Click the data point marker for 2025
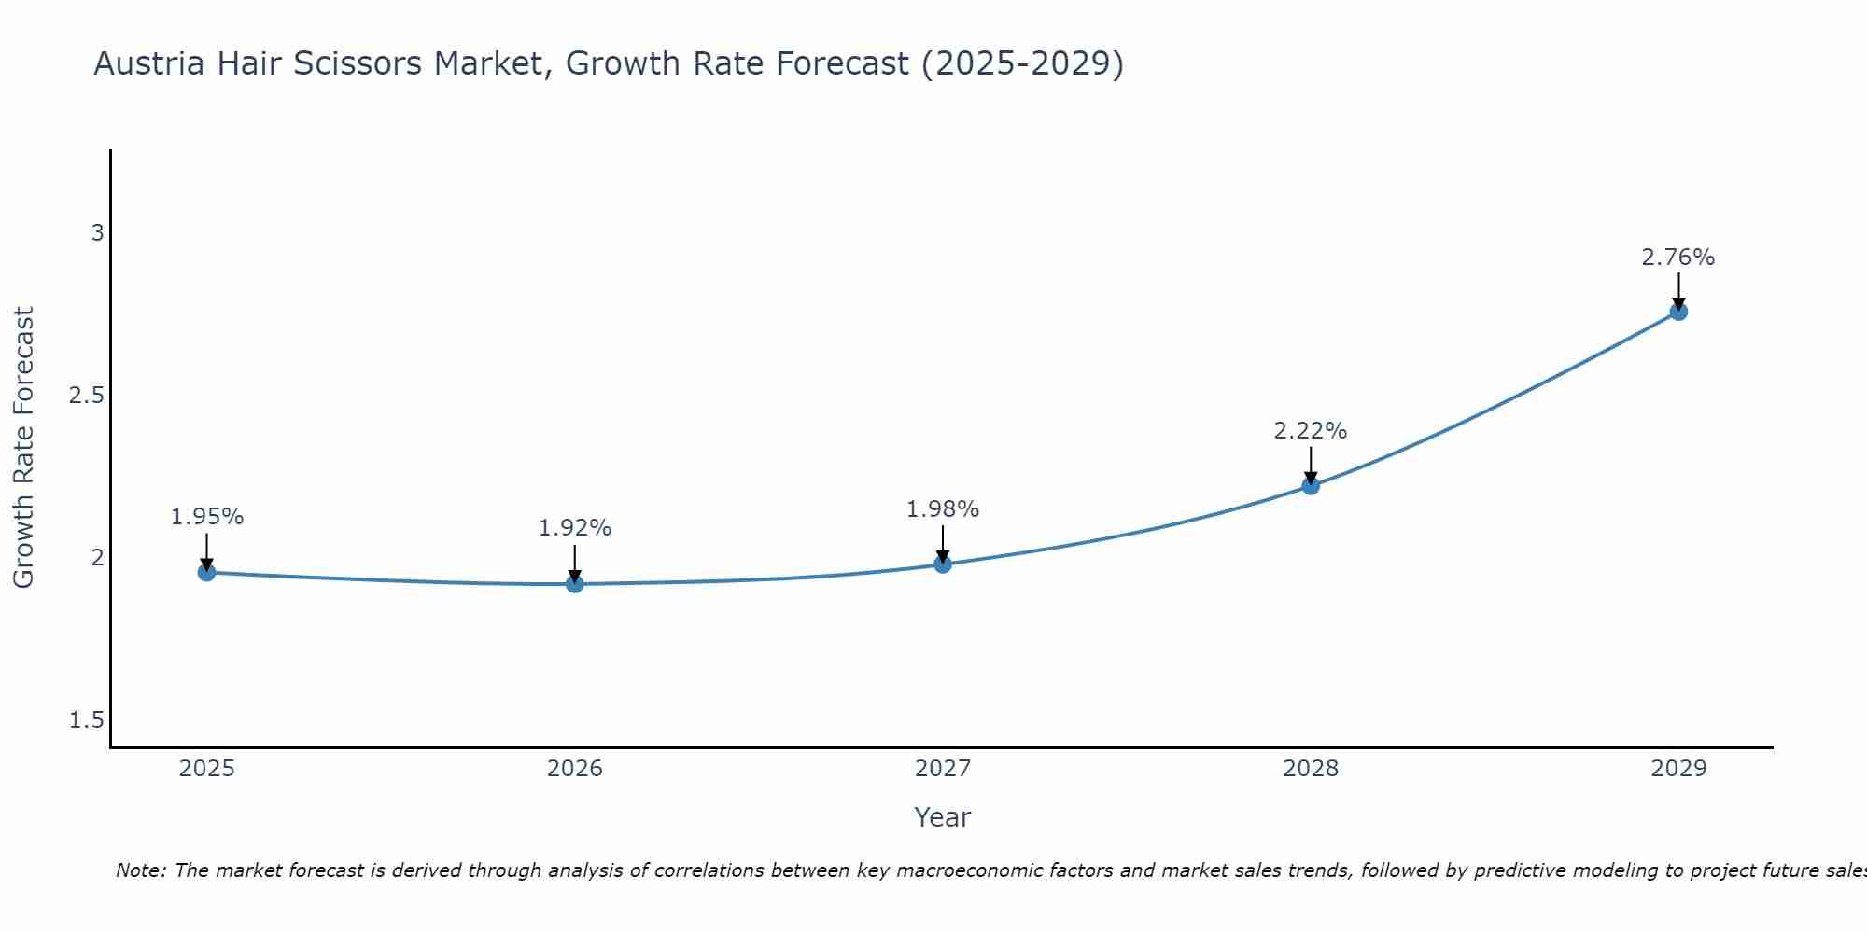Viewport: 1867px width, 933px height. pyautogui.click(x=207, y=572)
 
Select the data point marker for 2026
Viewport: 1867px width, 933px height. pyautogui.click(x=575, y=584)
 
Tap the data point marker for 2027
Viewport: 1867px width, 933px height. pyautogui.click(x=943, y=564)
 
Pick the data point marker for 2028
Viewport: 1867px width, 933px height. pyautogui.click(x=1311, y=485)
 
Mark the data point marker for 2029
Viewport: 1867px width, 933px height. pyautogui.click(x=1678, y=312)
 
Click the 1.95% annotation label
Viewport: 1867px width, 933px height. pyautogui.click(x=207, y=517)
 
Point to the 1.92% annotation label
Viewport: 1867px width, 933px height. pyautogui.click(x=575, y=528)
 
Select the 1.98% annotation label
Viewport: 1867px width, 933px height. pyautogui.click(x=943, y=509)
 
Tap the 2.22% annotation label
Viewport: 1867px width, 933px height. pyautogui.click(x=1311, y=431)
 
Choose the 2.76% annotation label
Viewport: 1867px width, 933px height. pyautogui.click(x=1678, y=258)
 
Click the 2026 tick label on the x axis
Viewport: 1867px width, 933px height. pyautogui.click(x=575, y=769)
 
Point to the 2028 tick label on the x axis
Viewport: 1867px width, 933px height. pyautogui.click(x=1311, y=769)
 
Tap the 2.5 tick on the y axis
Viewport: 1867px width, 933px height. pyautogui.click(x=87, y=396)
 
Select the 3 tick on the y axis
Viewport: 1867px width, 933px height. pyautogui.click(x=97, y=233)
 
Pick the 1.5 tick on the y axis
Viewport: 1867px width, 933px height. pyautogui.click(x=87, y=720)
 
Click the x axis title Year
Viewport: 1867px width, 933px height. pyautogui.click(x=943, y=817)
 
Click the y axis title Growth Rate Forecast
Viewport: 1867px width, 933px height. pyautogui.click(x=24, y=448)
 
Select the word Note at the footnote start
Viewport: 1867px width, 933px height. pyautogui.click(x=141, y=870)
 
